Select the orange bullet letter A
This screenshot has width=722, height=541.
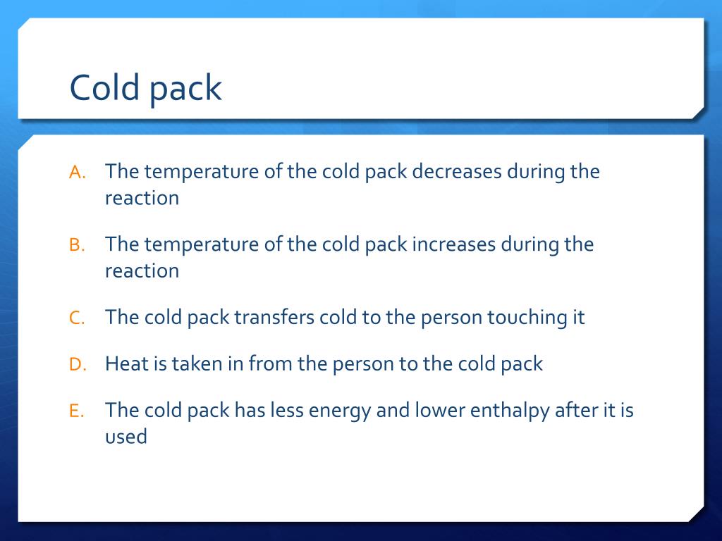(77, 173)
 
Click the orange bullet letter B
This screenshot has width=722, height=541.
(77, 246)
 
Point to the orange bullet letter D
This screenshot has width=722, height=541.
(77, 366)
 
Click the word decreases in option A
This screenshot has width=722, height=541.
(456, 172)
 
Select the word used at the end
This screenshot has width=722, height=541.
(126, 437)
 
